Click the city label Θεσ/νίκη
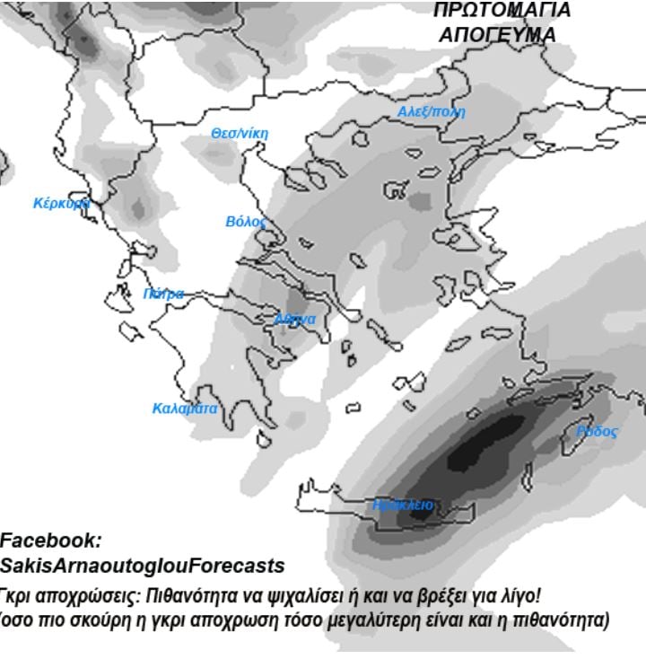click(239, 134)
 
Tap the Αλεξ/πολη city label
click(432, 112)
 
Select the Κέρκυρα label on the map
click(61, 203)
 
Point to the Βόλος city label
click(246, 221)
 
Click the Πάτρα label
click(163, 294)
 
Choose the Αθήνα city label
click(295, 320)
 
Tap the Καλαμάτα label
click(185, 408)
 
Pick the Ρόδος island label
click(597, 432)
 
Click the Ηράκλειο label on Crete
click(403, 505)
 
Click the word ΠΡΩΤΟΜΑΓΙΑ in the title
click(502, 11)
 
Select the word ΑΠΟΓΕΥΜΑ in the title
click(497, 35)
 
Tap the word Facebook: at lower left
click(50, 541)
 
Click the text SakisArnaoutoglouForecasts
click(142, 567)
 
